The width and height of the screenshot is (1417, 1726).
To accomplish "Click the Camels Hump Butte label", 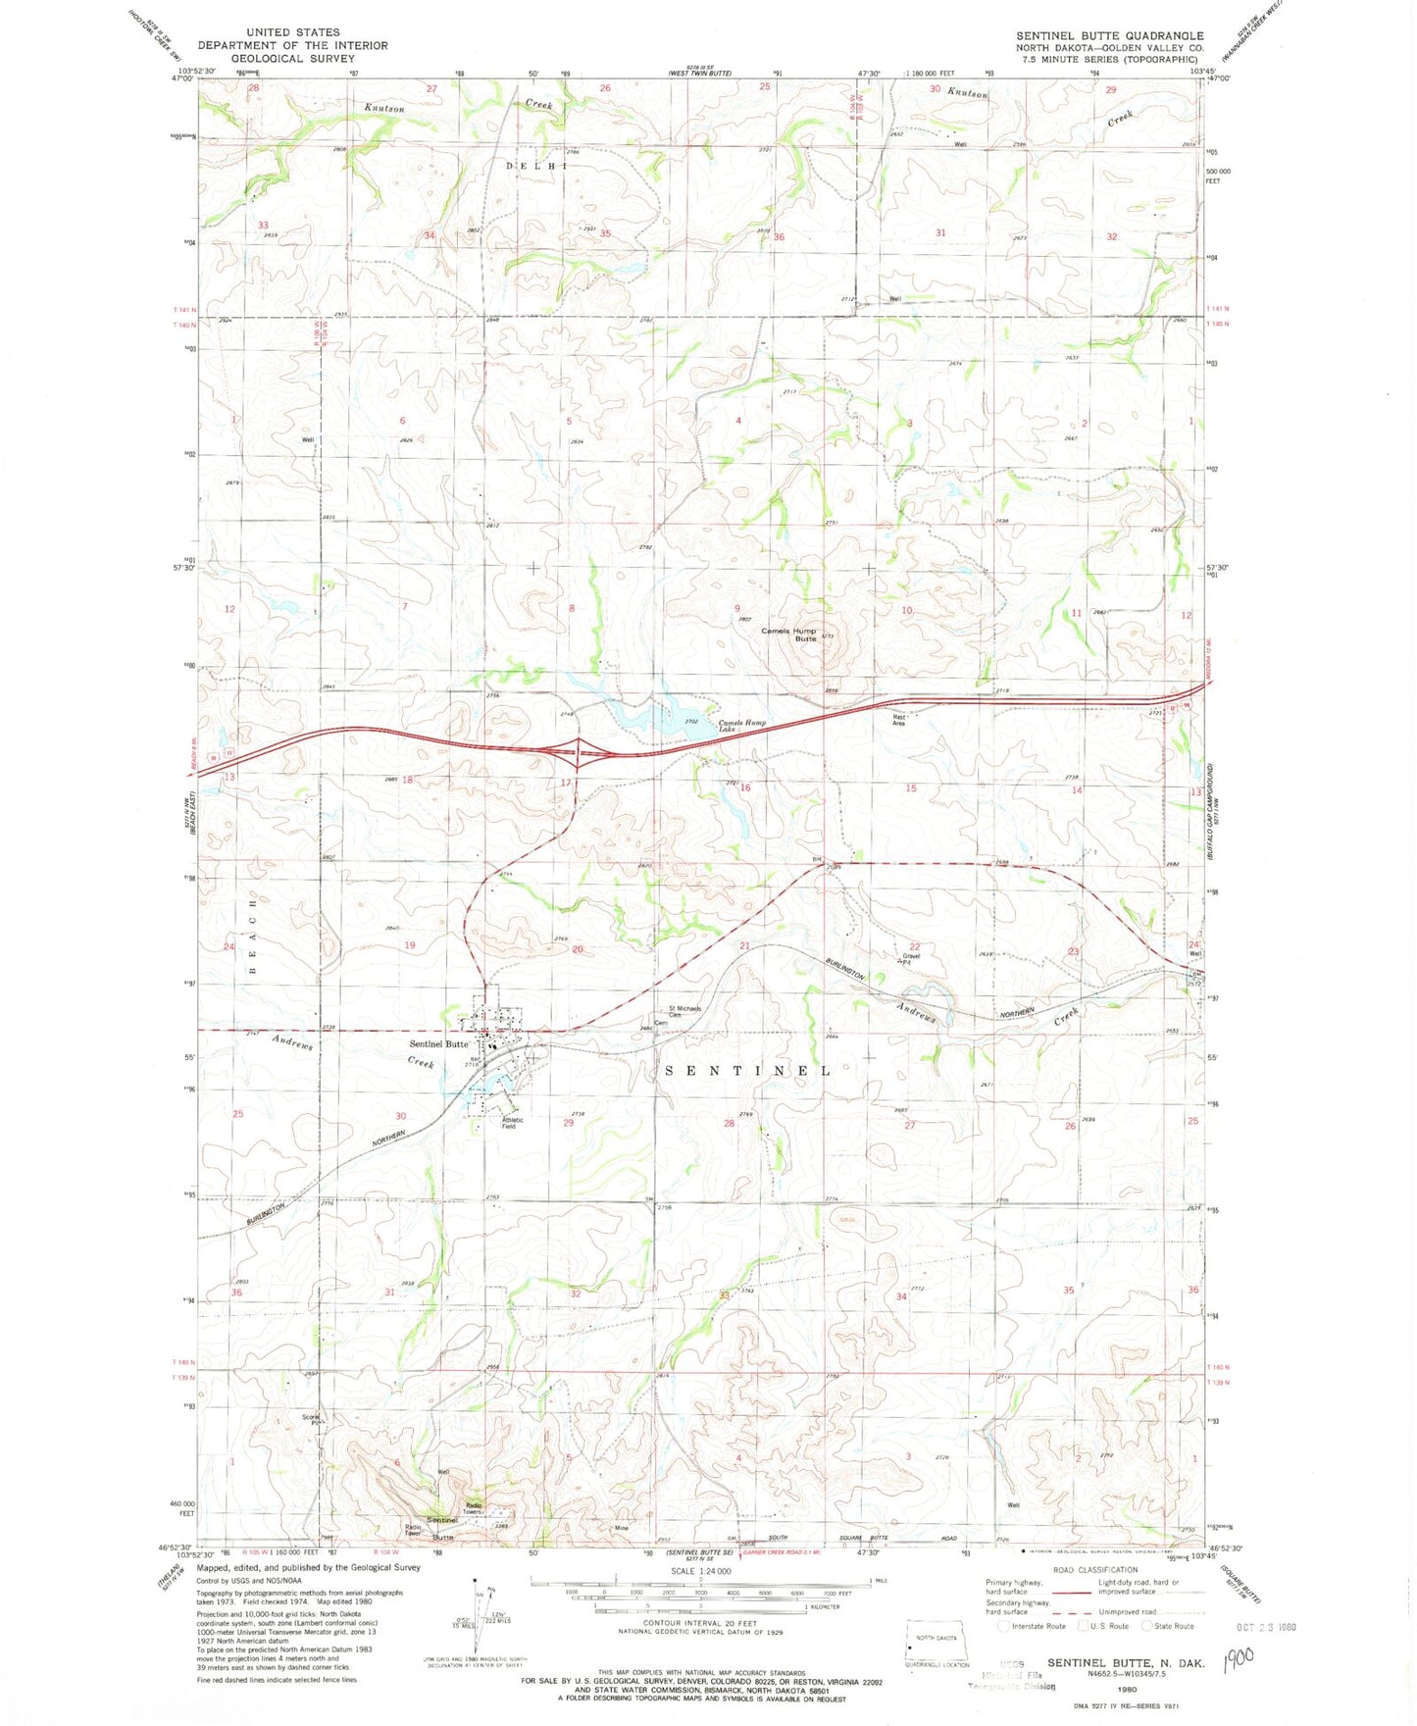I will [789, 635].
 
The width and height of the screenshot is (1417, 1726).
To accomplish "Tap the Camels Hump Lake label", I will [741, 727].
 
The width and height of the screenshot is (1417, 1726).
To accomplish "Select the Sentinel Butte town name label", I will [438, 1044].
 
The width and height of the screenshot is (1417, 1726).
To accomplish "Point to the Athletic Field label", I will [512, 1123].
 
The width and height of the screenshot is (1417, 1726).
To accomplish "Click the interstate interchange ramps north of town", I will [579, 754].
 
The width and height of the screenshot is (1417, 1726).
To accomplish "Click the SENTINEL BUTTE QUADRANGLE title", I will [1109, 35].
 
